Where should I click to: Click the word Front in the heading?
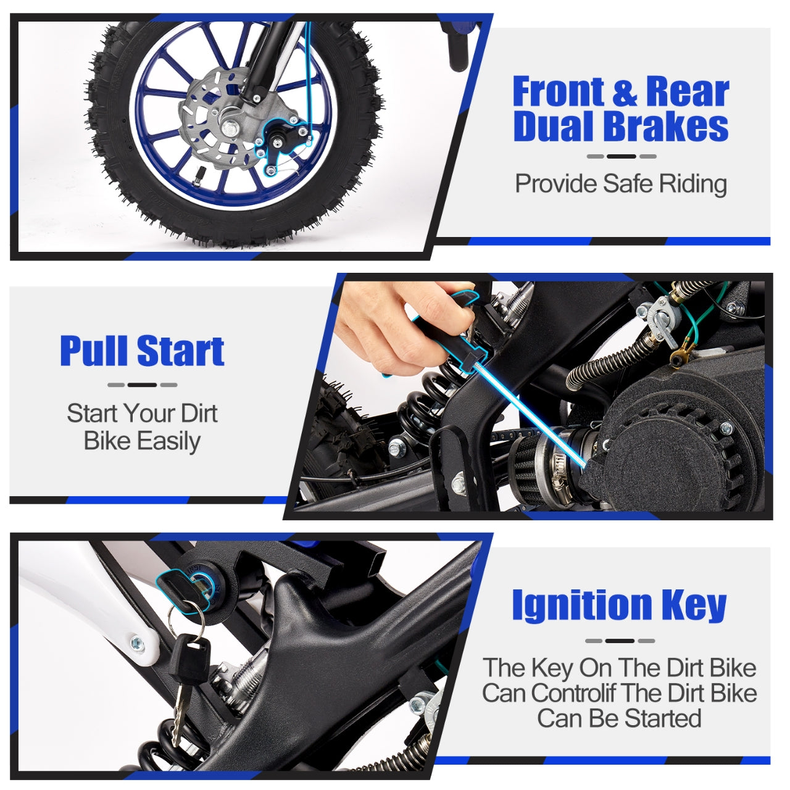559,91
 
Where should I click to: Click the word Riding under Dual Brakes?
693,184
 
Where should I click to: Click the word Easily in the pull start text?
168,442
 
